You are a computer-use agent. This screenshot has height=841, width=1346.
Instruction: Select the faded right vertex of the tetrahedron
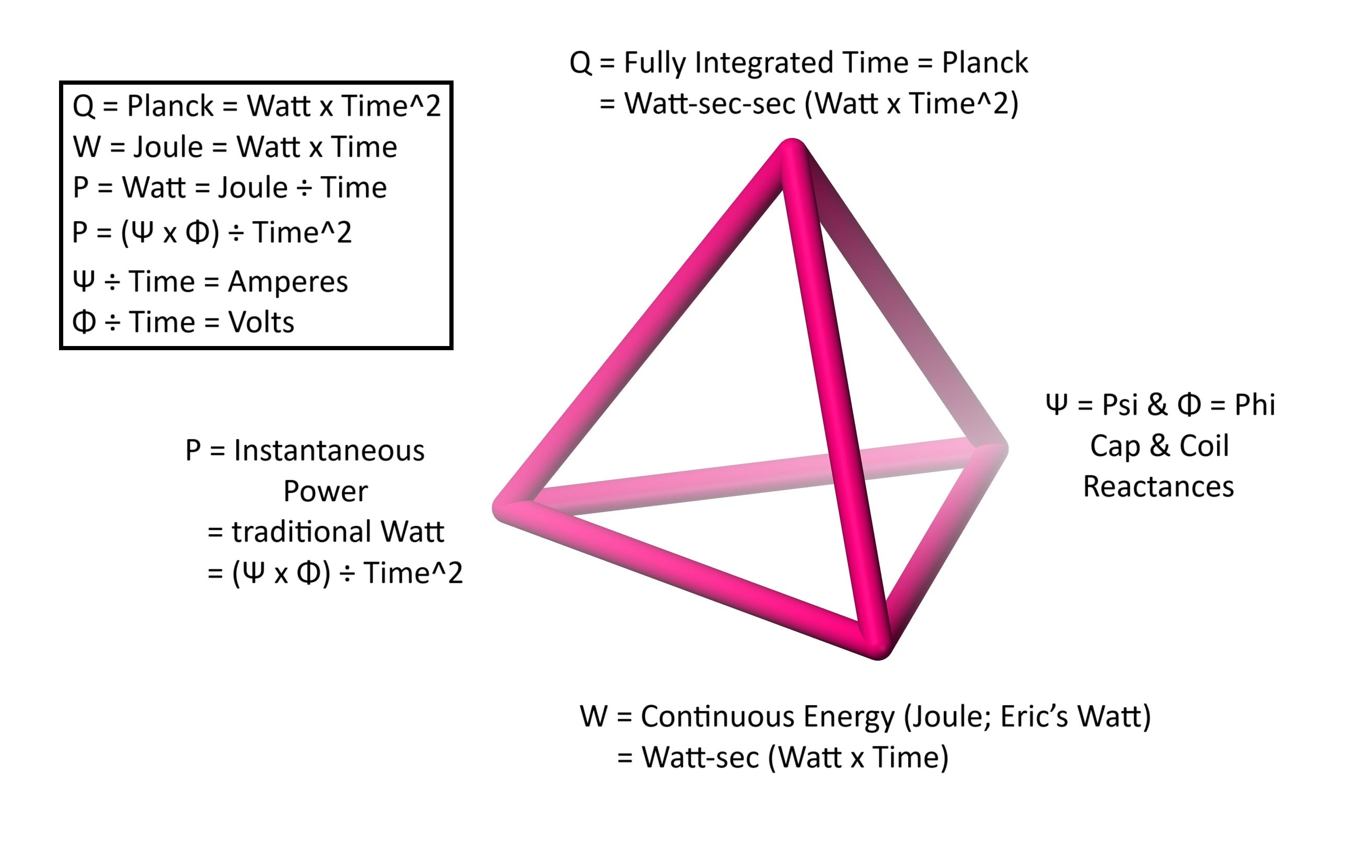992,448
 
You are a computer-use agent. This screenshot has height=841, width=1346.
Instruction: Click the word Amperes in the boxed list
287,281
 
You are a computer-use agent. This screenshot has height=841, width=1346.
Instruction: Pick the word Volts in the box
261,322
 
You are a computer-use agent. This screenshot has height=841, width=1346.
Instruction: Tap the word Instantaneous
329,450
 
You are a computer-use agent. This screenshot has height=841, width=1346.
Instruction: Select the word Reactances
1158,487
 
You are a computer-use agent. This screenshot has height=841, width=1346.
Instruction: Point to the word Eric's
1034,717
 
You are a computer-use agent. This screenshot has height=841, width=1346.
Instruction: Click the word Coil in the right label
1204,445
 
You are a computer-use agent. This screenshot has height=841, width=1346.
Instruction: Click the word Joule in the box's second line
168,147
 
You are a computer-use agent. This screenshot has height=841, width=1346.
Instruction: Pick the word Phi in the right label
1254,405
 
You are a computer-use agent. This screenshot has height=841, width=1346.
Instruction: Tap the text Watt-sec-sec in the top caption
710,104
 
